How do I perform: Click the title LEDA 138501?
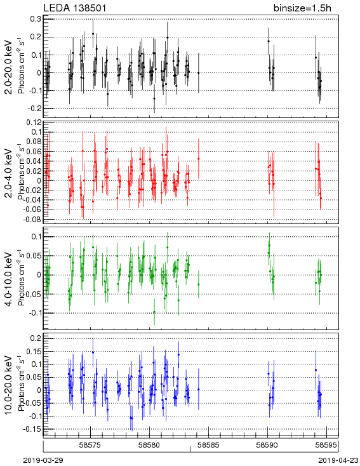click(x=75, y=8)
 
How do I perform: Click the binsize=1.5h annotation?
click(x=302, y=8)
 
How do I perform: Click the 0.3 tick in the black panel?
click(x=36, y=19)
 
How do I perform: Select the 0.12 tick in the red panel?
click(x=34, y=123)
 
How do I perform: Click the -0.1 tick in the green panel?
click(x=35, y=313)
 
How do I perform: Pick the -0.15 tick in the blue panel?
click(x=33, y=429)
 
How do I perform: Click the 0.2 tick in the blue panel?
click(x=36, y=338)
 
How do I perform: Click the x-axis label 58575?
click(x=90, y=445)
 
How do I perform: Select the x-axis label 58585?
click(x=209, y=445)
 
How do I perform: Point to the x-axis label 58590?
click(x=267, y=445)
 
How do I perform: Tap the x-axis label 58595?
click(x=326, y=445)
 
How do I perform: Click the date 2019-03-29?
click(x=43, y=460)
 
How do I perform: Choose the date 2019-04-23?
click(x=338, y=460)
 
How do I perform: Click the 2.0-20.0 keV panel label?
click(x=10, y=67)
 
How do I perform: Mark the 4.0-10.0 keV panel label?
click(x=10, y=279)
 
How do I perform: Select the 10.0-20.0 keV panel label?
click(x=10, y=385)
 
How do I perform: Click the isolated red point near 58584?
click(x=199, y=159)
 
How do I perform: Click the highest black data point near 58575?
click(x=93, y=34)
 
